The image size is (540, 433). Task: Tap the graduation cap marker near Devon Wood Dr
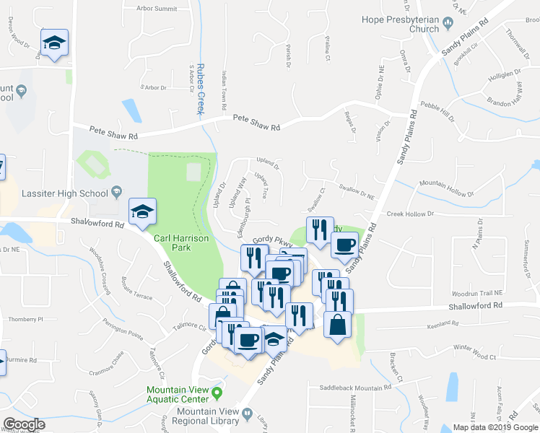point(54,43)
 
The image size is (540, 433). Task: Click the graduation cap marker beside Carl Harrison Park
point(142,211)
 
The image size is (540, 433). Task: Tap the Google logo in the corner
point(24,424)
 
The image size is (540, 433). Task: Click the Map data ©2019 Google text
point(495,427)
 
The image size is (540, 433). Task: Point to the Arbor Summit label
point(156,8)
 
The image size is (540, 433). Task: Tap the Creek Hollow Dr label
point(409,214)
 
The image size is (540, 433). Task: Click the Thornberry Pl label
point(25,318)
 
